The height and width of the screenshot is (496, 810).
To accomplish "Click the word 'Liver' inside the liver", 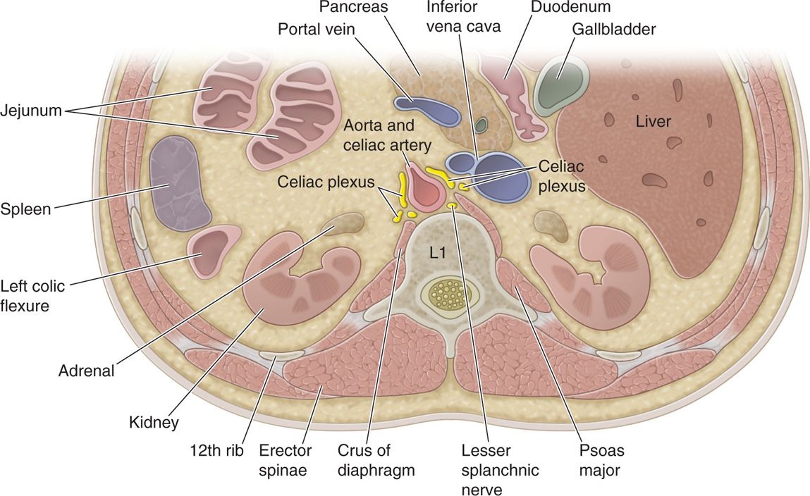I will tap(653, 121).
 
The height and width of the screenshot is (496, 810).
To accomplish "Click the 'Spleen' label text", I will tap(26, 210).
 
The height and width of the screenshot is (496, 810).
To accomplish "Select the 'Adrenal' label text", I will tap(87, 371).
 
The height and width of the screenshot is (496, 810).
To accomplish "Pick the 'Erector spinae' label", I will tap(283, 460).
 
